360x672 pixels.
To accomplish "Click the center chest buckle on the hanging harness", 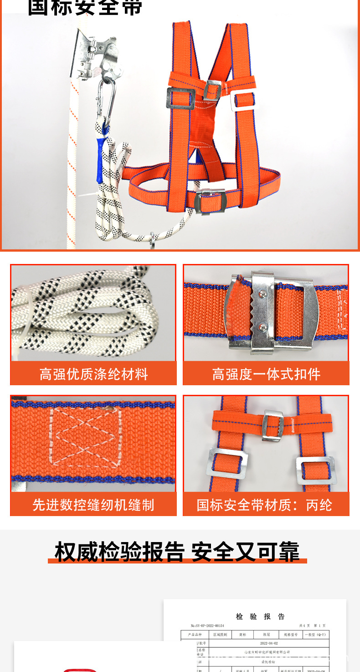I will tap(212, 90).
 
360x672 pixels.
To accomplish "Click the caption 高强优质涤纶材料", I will tap(93, 374).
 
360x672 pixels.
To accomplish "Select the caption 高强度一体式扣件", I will tap(266, 374).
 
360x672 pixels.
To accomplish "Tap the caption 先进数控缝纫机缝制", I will tap(93, 505).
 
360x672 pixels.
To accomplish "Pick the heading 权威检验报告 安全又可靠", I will tap(177, 552).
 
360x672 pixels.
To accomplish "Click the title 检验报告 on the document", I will tap(260, 616).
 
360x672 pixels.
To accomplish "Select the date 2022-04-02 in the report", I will tap(268, 643).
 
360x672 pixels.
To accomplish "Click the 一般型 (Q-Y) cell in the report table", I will tap(315, 635).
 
